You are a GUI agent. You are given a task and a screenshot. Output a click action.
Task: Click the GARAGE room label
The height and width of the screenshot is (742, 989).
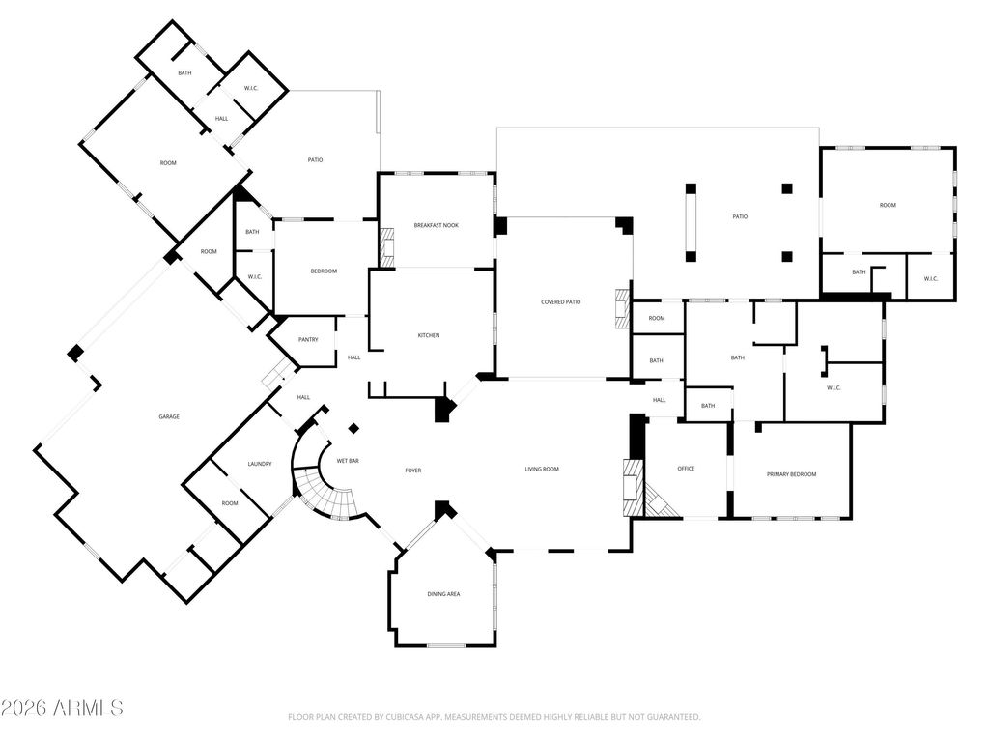[169, 417]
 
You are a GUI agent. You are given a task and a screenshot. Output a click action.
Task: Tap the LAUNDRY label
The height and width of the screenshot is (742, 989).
[259, 465]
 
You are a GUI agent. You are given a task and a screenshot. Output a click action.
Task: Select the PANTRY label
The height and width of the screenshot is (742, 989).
[308, 340]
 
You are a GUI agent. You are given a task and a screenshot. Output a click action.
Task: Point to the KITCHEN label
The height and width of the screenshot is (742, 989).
[429, 335]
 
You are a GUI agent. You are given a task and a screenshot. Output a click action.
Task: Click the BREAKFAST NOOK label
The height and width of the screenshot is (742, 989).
[437, 225]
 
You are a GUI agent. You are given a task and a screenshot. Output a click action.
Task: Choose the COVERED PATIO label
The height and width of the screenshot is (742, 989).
[561, 302]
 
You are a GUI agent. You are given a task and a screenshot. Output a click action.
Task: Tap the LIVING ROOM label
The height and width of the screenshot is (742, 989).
[543, 470]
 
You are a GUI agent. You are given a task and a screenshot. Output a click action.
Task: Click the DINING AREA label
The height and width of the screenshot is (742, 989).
[444, 594]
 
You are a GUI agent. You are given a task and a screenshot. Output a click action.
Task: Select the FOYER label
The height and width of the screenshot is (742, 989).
[413, 471]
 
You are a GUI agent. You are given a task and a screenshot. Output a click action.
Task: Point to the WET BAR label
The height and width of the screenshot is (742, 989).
[348, 461]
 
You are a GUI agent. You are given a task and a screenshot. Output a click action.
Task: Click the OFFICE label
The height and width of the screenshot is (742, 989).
[687, 469]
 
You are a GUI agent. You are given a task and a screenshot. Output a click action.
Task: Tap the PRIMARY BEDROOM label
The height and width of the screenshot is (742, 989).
[792, 474]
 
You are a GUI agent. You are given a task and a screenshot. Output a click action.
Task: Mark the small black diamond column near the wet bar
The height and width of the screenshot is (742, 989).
[353, 429]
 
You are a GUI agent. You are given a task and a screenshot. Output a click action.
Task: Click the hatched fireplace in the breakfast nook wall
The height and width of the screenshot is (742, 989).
[386, 246]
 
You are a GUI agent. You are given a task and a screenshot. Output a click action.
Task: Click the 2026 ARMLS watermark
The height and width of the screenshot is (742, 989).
[62, 708]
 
